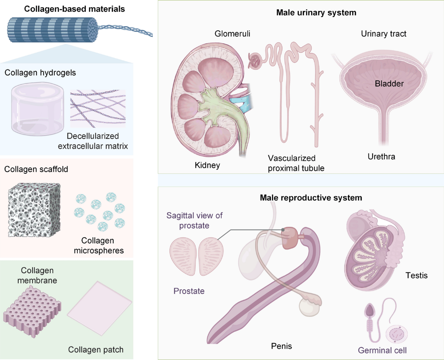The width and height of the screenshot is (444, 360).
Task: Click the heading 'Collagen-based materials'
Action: [x=74, y=9]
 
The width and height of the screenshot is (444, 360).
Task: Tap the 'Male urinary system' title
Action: [x=316, y=13]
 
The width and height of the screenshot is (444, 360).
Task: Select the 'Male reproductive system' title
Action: [x=311, y=198]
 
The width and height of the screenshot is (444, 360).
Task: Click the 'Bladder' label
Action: [x=389, y=84]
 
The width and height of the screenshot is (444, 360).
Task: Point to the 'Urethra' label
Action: [x=381, y=157]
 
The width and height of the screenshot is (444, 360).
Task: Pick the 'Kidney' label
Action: [x=208, y=165]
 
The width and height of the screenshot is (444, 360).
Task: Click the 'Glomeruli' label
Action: [x=232, y=34]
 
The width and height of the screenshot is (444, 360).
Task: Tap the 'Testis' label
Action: [x=417, y=275]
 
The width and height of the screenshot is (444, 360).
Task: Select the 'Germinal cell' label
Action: [x=382, y=350]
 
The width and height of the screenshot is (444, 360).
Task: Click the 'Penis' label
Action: [x=282, y=346]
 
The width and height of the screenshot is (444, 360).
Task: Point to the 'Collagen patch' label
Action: [x=96, y=350]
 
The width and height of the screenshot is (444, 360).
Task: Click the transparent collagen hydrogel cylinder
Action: [x=37, y=109]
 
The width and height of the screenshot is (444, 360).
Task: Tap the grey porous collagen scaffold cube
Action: [x=34, y=210]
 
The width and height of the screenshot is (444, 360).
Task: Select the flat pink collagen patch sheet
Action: [x=100, y=308]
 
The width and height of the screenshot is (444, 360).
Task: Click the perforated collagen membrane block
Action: [x=32, y=312]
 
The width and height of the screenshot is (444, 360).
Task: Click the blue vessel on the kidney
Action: [x=242, y=104]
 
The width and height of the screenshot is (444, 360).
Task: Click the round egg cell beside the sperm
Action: [x=397, y=334]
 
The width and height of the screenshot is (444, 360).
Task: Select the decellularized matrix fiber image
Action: [x=98, y=109]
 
